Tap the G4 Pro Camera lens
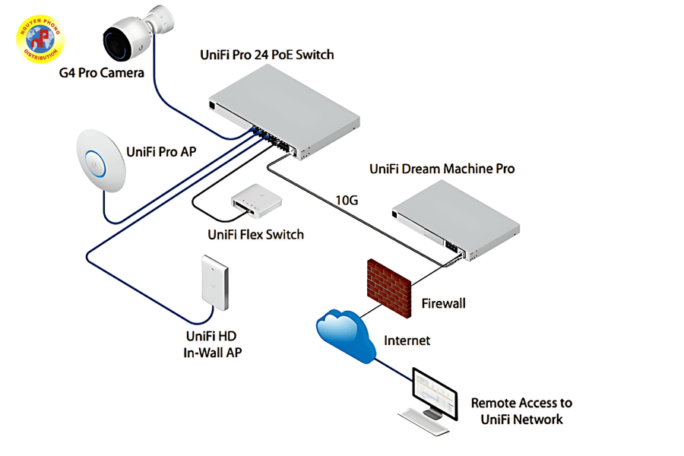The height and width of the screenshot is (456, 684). (x=120, y=42)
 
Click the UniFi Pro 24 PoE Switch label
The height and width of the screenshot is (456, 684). (x=267, y=55)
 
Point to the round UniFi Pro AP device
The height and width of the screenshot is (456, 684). (x=96, y=158)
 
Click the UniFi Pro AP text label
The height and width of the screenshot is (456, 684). (x=162, y=151)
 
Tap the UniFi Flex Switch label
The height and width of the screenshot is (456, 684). (x=255, y=234)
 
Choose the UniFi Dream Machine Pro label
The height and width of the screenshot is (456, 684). (x=442, y=169)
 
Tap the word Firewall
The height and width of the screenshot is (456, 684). (x=444, y=303)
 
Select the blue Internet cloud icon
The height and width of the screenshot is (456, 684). (x=347, y=334)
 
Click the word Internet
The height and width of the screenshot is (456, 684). (x=407, y=340)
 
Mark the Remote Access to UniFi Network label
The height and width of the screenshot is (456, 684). (x=521, y=410)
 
